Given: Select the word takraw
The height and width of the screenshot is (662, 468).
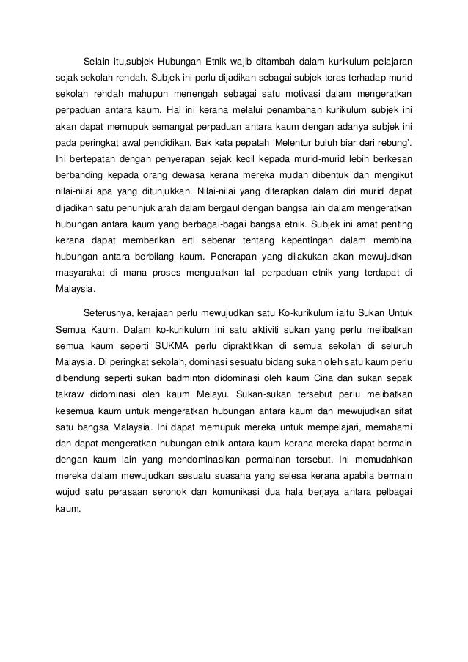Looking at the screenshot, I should pyautogui.click(x=70, y=394).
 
